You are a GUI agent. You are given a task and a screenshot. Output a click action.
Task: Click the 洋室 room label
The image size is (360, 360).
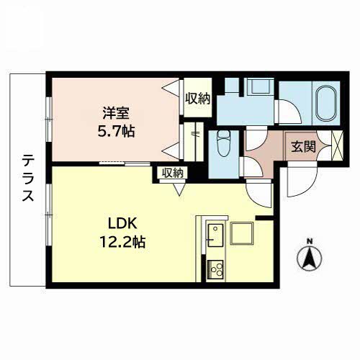pyautogui.click(x=116, y=113)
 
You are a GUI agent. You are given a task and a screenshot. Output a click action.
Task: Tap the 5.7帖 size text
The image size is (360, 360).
pyautogui.click(x=116, y=131)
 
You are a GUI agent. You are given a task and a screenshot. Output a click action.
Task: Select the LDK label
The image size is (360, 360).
pyautogui.click(x=122, y=224)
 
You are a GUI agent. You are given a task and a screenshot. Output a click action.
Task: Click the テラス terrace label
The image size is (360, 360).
pyautogui.click(x=28, y=178)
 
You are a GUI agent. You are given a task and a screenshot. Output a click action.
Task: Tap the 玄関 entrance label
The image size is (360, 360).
pyautogui.click(x=303, y=147)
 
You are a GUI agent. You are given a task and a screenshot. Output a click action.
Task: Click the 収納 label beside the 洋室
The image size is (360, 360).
pyautogui.click(x=198, y=99)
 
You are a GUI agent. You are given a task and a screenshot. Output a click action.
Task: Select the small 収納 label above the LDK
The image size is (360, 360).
pyautogui.click(x=172, y=173)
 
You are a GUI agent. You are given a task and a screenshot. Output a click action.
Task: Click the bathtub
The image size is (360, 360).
pyautogui.click(x=326, y=103)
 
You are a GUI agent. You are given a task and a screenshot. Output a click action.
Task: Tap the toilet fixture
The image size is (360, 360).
pyautogui.click(x=224, y=143)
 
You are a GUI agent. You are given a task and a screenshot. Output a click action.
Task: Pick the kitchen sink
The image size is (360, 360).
pyautogui.click(x=215, y=235)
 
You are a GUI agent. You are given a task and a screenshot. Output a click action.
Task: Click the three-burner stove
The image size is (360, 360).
pyautogui.click(x=215, y=269)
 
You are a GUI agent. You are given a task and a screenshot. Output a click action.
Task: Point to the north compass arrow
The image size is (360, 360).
pyautogui.click(x=310, y=258)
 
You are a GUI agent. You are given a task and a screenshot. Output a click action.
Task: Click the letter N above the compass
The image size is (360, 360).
pyautogui.click(x=310, y=241)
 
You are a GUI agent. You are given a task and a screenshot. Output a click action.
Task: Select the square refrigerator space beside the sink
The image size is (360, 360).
pyautogui.click(x=242, y=233)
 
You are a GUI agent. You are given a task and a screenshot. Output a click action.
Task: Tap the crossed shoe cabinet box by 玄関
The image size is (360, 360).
pyautogui.click(x=337, y=145)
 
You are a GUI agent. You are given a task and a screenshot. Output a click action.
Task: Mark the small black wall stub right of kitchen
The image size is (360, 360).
pyautogui.click(x=264, y=218)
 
